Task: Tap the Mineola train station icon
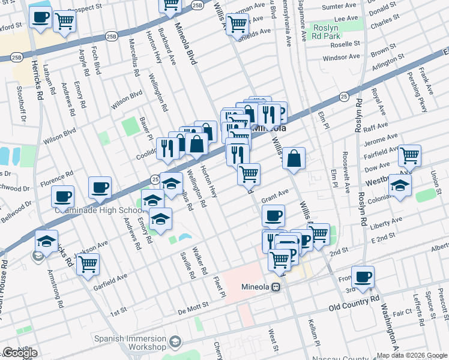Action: coord(277,287)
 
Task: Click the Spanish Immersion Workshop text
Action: coord(130,343)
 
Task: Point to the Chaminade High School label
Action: coord(97,211)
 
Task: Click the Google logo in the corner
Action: coord(20,353)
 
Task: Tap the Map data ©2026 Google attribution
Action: coord(412,355)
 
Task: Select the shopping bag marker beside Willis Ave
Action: coord(294,159)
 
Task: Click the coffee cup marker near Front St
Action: coord(363,277)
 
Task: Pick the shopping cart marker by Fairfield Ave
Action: coord(409,155)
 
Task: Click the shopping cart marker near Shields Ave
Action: coord(238,24)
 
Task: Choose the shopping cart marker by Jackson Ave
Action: coord(88,263)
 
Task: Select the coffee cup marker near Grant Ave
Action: coord(274,215)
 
